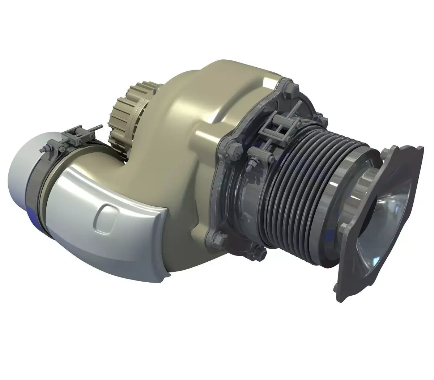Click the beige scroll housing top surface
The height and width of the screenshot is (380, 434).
click(224, 83)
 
